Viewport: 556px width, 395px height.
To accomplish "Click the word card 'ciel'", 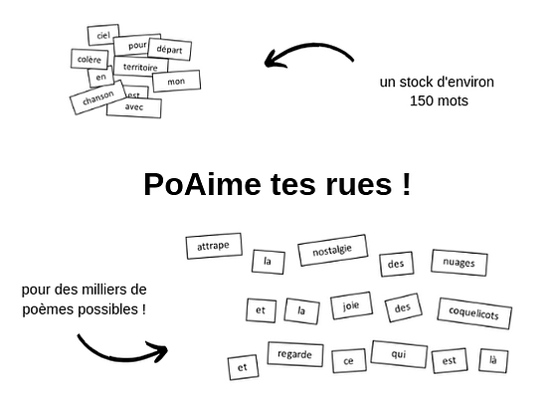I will (101, 35).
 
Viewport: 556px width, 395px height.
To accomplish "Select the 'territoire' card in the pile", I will (140, 67).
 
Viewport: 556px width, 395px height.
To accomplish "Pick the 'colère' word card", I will (90, 60).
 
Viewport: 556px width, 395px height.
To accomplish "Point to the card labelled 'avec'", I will (133, 106).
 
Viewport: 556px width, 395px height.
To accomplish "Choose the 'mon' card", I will (176, 81).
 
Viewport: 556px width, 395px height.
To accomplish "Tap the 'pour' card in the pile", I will (137, 44).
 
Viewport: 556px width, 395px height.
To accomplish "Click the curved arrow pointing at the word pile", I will (308, 52).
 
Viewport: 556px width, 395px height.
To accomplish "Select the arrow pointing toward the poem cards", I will (119, 348).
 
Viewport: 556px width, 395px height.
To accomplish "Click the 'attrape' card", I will (214, 245).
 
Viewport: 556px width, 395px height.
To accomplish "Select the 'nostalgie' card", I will (332, 249).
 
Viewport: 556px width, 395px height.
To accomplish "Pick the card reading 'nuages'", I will (459, 263).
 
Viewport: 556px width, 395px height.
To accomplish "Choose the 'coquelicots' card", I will (473, 314).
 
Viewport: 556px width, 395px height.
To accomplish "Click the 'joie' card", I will (349, 305).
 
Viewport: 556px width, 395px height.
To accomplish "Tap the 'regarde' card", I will (294, 354).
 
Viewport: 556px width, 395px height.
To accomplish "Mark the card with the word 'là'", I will (492, 359).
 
